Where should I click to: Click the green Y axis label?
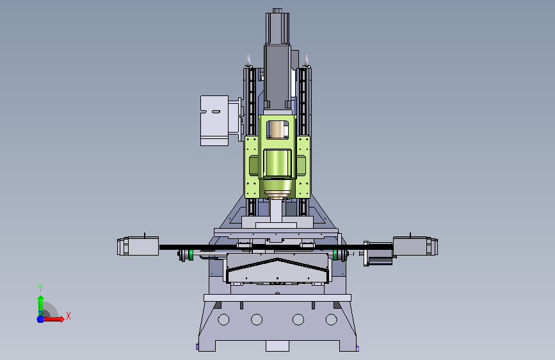pos(40,288)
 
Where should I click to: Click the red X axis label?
pos(68,316)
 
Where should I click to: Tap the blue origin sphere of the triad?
pos(40,319)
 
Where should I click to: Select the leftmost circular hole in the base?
pos(223,320)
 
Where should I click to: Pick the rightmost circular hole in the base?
pos(332,320)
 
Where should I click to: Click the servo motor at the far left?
pos(138,245)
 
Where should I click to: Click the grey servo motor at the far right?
pos(415,246)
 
